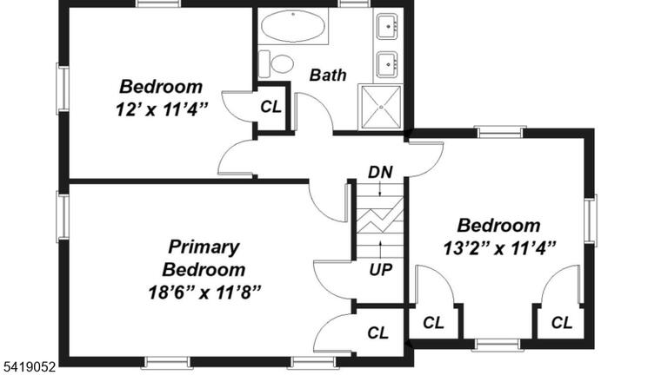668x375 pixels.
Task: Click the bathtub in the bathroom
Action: (x=293, y=26)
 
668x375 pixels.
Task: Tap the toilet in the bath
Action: (x=276, y=64)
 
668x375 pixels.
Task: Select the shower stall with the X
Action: (x=381, y=107)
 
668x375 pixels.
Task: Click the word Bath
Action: (x=328, y=75)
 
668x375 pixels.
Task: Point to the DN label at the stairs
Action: (x=380, y=172)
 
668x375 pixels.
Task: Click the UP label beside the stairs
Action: (x=380, y=269)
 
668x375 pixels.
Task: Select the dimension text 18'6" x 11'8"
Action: (x=204, y=293)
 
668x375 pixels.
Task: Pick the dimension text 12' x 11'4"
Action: (x=162, y=110)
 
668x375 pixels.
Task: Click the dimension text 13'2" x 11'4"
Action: (x=499, y=248)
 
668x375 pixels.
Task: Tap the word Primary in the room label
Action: (x=204, y=247)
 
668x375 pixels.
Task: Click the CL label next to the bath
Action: (x=271, y=107)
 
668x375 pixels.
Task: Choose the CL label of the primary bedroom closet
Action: (x=377, y=333)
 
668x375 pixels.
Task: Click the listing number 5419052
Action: (x=29, y=366)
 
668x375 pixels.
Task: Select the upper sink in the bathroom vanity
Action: (x=388, y=26)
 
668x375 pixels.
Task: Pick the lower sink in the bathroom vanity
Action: (x=388, y=64)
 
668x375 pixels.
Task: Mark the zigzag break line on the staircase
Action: (x=380, y=217)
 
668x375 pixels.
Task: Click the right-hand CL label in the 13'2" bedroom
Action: (x=562, y=323)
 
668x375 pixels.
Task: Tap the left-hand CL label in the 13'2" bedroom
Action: (x=433, y=323)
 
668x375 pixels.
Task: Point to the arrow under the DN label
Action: (x=380, y=188)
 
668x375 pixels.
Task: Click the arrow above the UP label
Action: (x=380, y=249)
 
